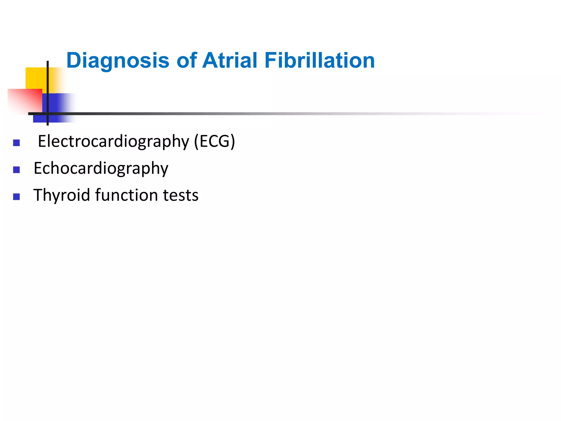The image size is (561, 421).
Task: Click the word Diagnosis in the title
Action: pyautogui.click(x=118, y=61)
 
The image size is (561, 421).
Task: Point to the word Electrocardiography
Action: pyautogui.click(x=113, y=142)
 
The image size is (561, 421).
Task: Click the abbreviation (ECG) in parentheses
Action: pyautogui.click(x=214, y=141)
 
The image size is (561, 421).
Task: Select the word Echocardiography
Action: pyautogui.click(x=101, y=168)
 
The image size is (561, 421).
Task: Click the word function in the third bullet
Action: pyautogui.click(x=127, y=195)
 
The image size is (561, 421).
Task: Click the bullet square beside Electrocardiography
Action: pyautogui.click(x=16, y=143)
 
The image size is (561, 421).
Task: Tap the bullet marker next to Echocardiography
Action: pyautogui.click(x=16, y=170)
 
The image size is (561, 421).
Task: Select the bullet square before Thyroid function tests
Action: pyautogui.click(x=16, y=197)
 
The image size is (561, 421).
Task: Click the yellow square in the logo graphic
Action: pyautogui.click(x=36, y=78)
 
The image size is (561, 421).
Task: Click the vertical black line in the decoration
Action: pyautogui.click(x=48, y=82)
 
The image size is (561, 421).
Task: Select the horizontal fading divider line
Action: pyautogui.click(x=219, y=113)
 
